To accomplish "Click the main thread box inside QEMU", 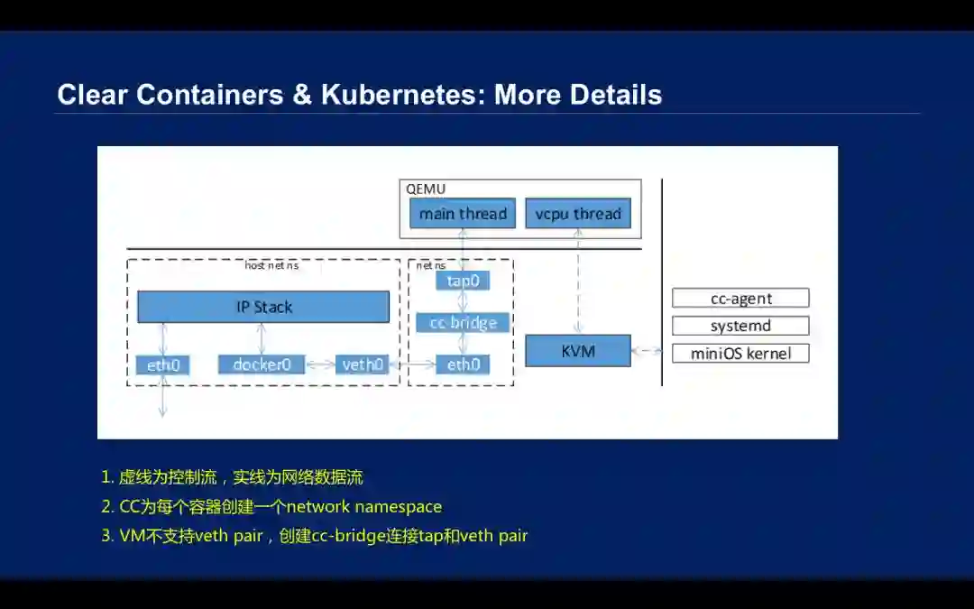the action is (x=463, y=214).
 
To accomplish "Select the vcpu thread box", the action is (x=578, y=214).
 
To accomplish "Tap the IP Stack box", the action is (x=263, y=307).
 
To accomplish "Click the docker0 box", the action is (x=262, y=364).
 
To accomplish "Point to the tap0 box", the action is (x=463, y=281).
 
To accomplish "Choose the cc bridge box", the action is (x=463, y=322).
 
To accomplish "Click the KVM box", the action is (x=578, y=350).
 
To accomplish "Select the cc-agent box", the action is (x=740, y=298).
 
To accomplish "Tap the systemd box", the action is (x=740, y=326).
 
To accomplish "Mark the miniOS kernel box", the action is (x=740, y=353).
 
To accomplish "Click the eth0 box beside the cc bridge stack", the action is (x=463, y=364).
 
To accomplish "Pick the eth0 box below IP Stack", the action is (x=163, y=364).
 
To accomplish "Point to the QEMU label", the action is (x=426, y=189).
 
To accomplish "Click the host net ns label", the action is (x=271, y=265).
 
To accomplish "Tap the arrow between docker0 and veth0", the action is (x=320, y=364).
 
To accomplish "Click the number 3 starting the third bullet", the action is (x=106, y=536).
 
